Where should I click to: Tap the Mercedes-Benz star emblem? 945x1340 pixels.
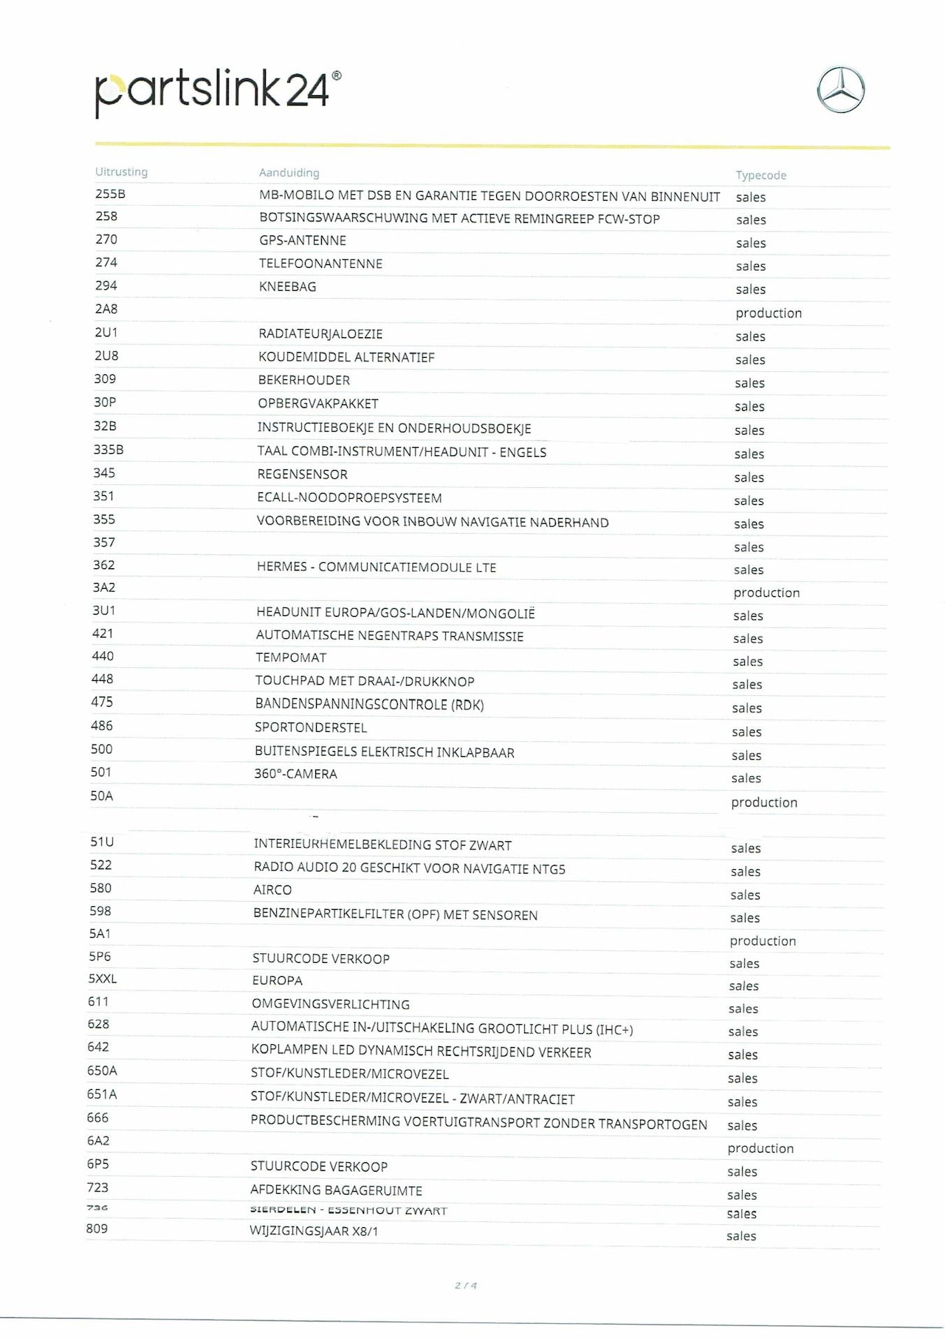[840, 90]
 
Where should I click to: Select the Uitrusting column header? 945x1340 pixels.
[121, 172]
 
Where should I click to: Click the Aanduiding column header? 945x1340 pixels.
[289, 173]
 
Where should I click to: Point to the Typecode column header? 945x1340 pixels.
[760, 176]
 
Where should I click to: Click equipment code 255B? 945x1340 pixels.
[110, 194]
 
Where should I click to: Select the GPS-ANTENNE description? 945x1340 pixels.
[302, 241]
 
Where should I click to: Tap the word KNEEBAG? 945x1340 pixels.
[287, 286]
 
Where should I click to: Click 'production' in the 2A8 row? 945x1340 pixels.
[768, 313]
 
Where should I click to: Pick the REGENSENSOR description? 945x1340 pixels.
[302, 474]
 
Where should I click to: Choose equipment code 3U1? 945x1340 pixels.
[104, 610]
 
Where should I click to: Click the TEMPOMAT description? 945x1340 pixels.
[291, 657]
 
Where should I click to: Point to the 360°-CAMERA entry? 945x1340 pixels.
[295, 774]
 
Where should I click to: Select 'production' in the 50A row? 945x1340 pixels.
[764, 802]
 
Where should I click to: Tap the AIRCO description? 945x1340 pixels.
[272, 890]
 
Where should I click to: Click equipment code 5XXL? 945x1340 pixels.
[103, 979]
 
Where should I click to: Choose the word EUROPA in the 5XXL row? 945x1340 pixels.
[277, 981]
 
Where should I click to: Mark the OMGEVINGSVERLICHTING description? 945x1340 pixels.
[330, 1004]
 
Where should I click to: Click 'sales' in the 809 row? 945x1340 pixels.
[741, 1236]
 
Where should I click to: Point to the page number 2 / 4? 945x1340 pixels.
[466, 1285]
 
